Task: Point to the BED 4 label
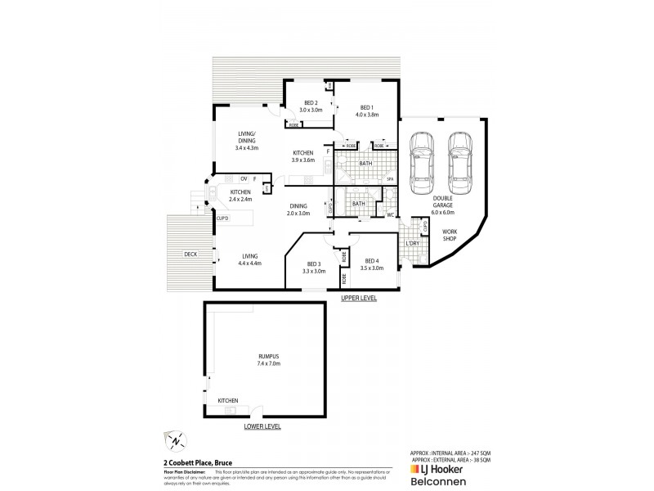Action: click(x=372, y=263)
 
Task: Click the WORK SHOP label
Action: click(x=450, y=236)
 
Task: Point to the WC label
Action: click(x=390, y=215)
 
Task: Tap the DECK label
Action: click(x=190, y=255)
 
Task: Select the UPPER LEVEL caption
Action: click(x=359, y=299)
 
